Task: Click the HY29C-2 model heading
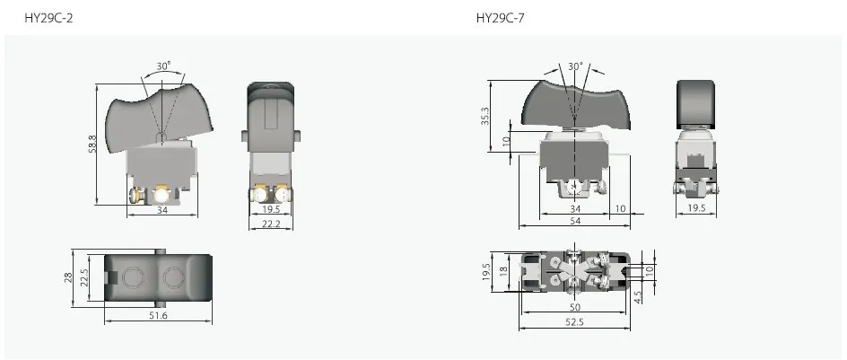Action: coord(48,18)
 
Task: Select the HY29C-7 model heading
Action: coord(500,18)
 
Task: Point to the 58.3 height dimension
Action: coord(92,144)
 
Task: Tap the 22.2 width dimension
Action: coord(271,224)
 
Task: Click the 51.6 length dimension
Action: coord(158,315)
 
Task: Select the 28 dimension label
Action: coord(67,277)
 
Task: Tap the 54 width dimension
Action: coord(575,221)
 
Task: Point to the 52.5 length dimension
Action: coord(575,322)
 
